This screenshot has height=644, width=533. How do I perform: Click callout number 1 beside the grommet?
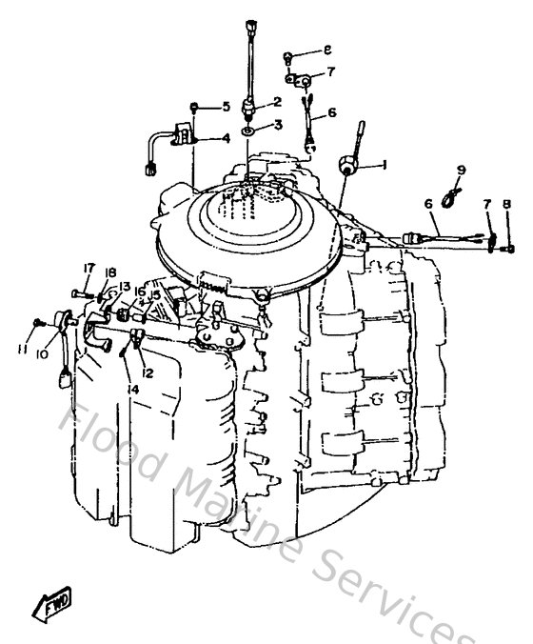click(x=384, y=164)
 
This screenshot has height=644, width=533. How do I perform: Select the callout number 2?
click(x=278, y=101)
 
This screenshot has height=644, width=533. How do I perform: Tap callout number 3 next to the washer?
click(x=278, y=125)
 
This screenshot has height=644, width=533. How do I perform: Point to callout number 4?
click(x=226, y=138)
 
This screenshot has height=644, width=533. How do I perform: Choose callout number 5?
click(x=226, y=107)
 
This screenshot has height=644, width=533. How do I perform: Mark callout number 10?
click(x=42, y=354)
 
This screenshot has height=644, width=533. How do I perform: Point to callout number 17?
click(x=88, y=267)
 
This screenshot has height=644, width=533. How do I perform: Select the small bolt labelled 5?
click(x=194, y=107)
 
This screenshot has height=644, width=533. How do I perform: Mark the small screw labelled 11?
click(x=37, y=323)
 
